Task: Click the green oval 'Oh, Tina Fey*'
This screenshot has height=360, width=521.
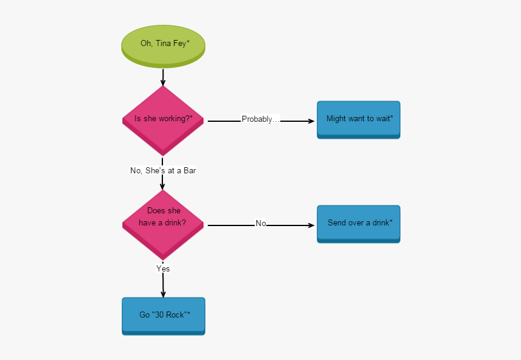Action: pos(164,44)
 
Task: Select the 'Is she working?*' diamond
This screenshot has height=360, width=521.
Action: pos(163,119)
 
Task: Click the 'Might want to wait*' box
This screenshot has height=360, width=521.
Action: pos(359,119)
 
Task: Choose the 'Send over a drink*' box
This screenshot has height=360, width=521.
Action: pos(359,223)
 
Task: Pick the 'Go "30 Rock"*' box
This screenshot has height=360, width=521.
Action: pos(164,315)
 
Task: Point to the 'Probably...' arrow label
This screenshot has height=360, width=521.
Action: pos(260,119)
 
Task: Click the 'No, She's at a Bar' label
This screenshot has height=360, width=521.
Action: pos(163,171)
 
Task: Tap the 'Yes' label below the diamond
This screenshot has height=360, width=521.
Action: pos(163,268)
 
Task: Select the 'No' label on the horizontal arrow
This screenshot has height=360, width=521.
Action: pos(260,224)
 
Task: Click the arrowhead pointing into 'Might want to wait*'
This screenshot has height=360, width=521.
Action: pos(311,121)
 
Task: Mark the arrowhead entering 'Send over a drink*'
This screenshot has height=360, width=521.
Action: pos(311,225)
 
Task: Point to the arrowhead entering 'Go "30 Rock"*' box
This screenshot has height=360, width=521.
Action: pos(163,294)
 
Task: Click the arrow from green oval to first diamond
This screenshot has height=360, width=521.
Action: pos(163,77)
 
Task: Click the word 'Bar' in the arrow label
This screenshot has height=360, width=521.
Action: pos(189,171)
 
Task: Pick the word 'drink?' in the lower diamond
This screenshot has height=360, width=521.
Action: pos(174,223)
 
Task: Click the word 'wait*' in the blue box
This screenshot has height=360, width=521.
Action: pos(383,119)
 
